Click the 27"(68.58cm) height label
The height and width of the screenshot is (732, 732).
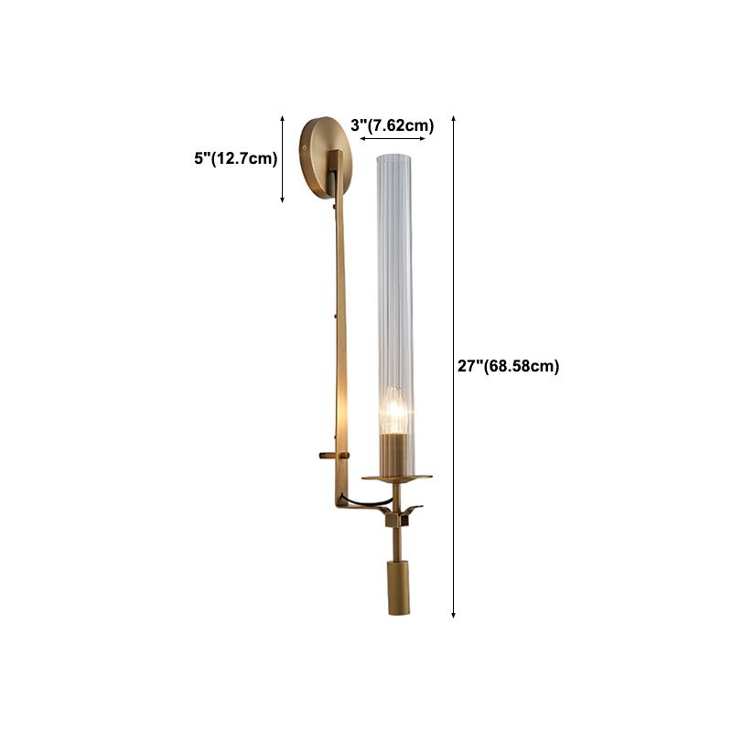coord(508,366)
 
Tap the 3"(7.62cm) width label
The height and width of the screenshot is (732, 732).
coord(393,125)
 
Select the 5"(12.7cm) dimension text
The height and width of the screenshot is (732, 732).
coord(235,158)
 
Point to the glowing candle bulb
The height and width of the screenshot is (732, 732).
coord(394,412)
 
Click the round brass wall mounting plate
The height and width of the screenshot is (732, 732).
coord(321,157)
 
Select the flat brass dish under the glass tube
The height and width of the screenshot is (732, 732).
coord(395,477)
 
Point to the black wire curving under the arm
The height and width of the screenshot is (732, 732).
coord(361,502)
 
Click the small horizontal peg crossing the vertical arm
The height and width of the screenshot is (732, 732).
coord(332,454)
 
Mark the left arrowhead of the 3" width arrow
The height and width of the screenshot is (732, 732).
coord(362,139)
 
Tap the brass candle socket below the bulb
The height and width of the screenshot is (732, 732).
coord(394,453)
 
